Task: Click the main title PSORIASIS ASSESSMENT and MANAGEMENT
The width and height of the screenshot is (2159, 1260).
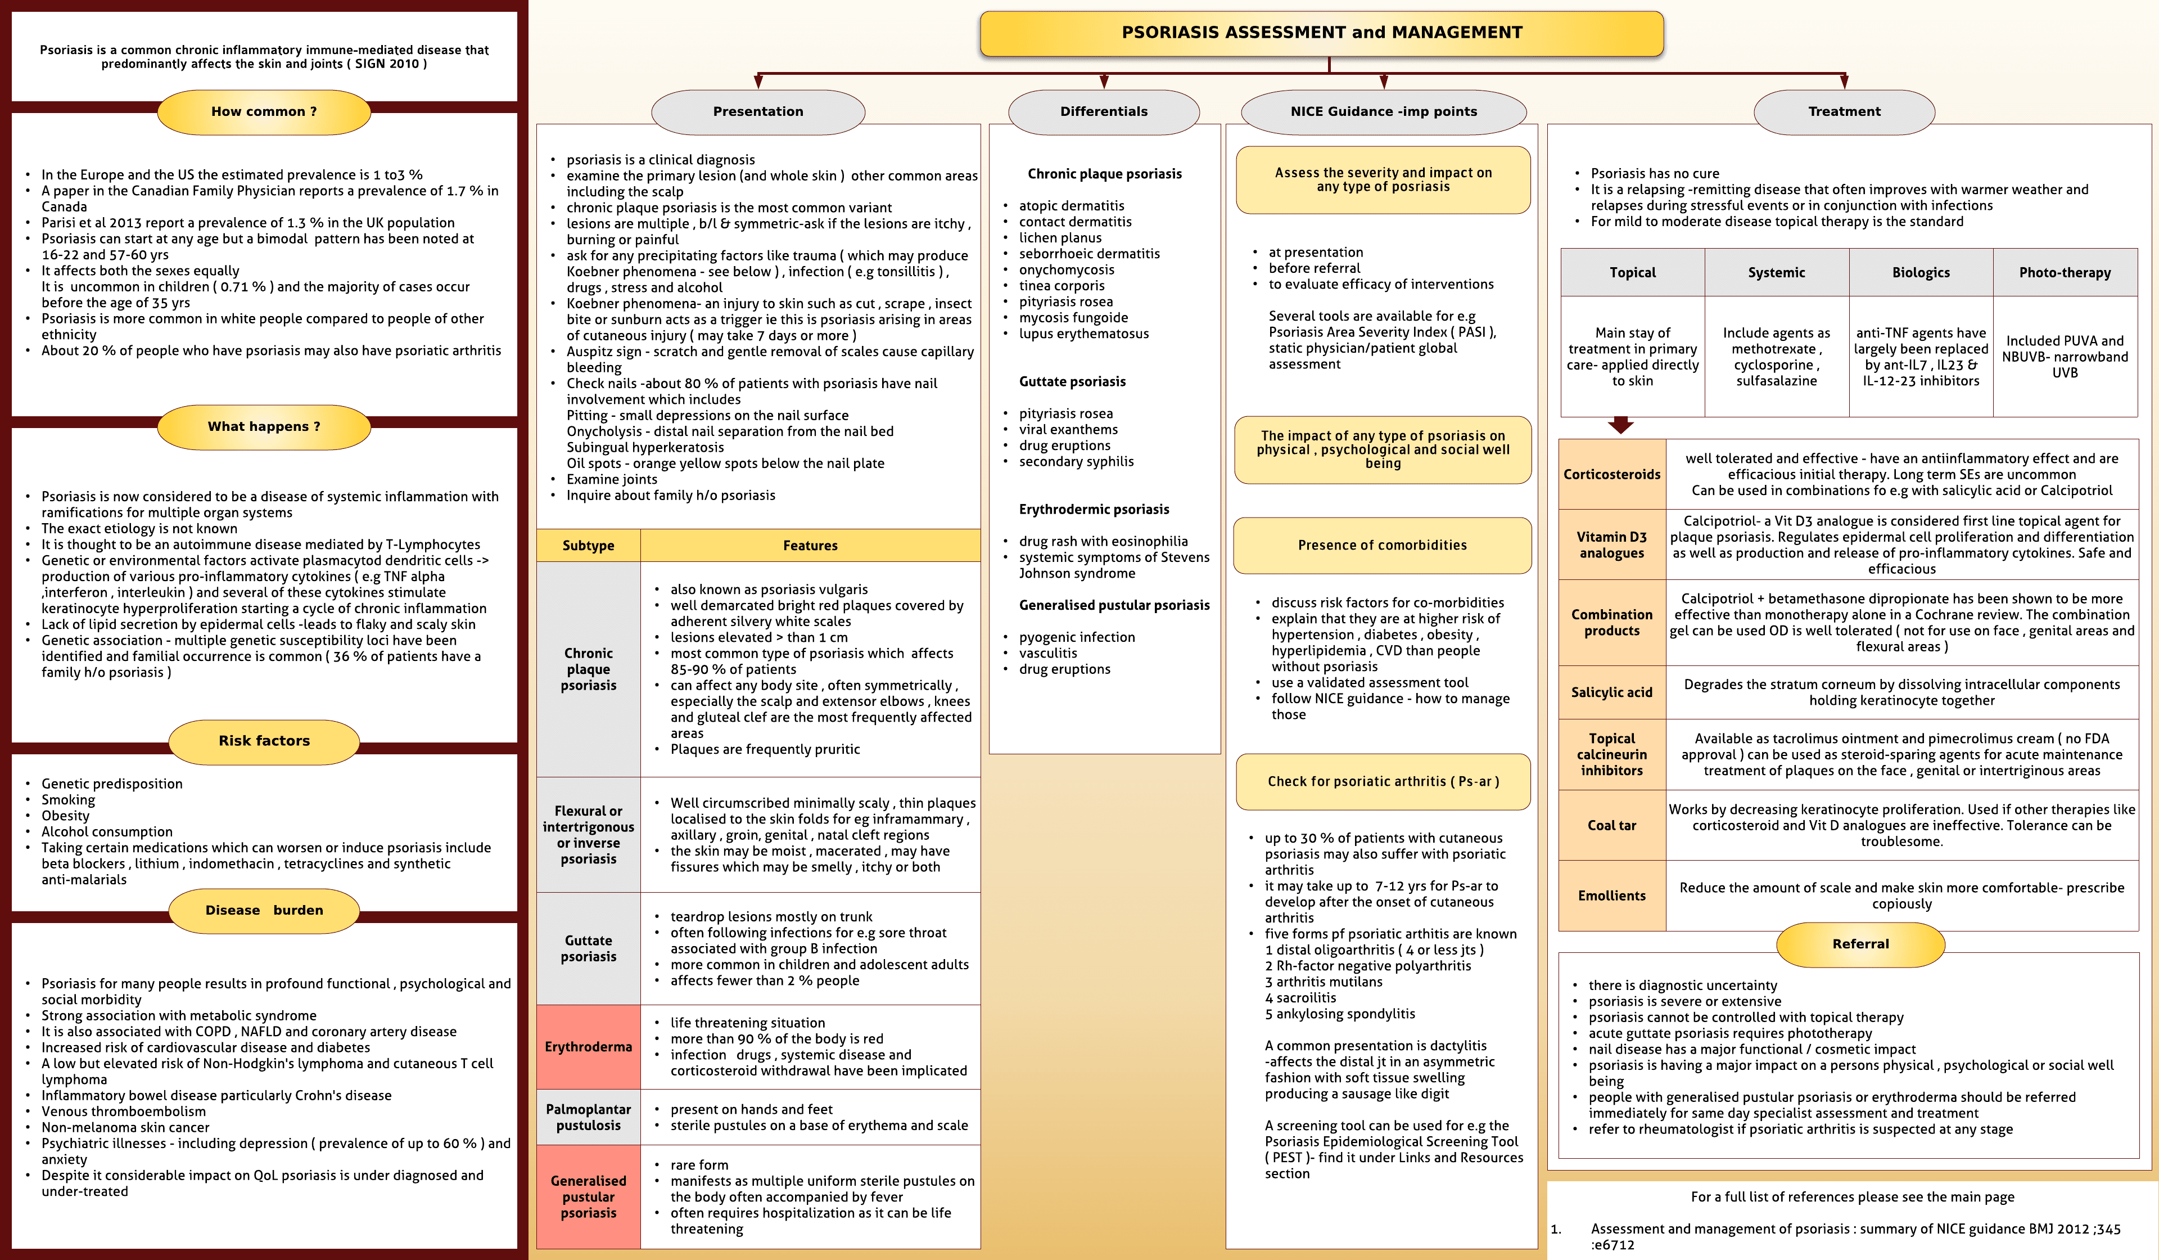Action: coord(1321,33)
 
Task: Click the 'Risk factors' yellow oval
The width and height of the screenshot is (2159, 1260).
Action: coord(264,741)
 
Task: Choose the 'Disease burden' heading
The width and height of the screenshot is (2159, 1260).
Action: coord(264,910)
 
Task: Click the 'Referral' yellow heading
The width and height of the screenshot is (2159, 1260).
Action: coord(1860,944)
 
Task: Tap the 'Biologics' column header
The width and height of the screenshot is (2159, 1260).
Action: coord(1921,273)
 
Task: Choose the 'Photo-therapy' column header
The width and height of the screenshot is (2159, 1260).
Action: coord(2065,273)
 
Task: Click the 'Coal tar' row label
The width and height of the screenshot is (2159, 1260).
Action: coord(1611,825)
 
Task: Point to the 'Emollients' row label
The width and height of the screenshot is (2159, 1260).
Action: coord(1611,895)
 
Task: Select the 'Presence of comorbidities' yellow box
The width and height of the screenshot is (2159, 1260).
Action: coord(1383,545)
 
